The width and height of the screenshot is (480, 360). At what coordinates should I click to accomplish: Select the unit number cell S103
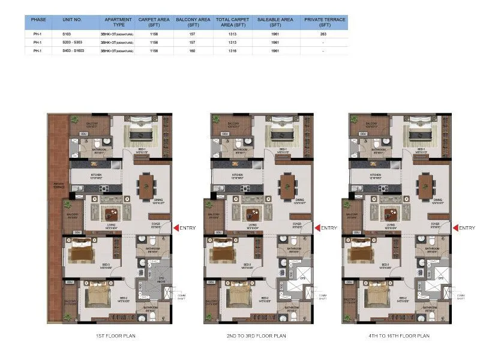(x=67, y=34)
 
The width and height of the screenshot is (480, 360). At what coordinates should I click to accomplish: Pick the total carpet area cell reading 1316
(x=233, y=51)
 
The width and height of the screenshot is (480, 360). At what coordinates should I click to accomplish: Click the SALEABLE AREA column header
(x=275, y=22)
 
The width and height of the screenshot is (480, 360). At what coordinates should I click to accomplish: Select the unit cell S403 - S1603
(x=73, y=51)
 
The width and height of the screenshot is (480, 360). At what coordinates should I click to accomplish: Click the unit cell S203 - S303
(x=72, y=43)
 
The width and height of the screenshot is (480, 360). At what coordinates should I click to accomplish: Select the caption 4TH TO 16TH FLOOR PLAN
(x=399, y=337)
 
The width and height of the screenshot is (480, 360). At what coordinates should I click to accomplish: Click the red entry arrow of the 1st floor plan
(x=176, y=228)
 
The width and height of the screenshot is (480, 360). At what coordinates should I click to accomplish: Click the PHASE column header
(x=38, y=20)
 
